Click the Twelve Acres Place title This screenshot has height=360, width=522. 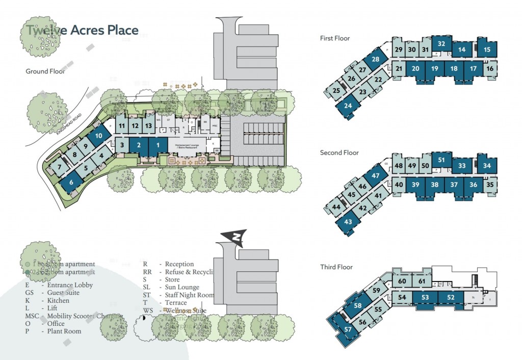pos(82,30)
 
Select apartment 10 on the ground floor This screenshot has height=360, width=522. pos(99,136)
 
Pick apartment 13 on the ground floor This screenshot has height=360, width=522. pos(148,125)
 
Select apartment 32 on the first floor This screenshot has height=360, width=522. pos(442,44)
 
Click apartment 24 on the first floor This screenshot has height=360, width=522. pos(348,107)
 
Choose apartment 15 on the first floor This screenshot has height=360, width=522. pos(487,49)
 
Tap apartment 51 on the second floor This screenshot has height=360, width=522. pos(442,160)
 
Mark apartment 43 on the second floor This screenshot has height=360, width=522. pos(348,222)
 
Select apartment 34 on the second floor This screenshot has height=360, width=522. pos(487,166)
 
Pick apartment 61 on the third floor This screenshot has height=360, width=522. pos(421,281)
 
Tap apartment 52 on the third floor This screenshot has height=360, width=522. pos(450,297)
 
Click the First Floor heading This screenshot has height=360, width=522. pos(335,38)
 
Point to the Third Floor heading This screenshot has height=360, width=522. pos(336,267)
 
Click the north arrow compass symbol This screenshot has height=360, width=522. pos(236,237)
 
